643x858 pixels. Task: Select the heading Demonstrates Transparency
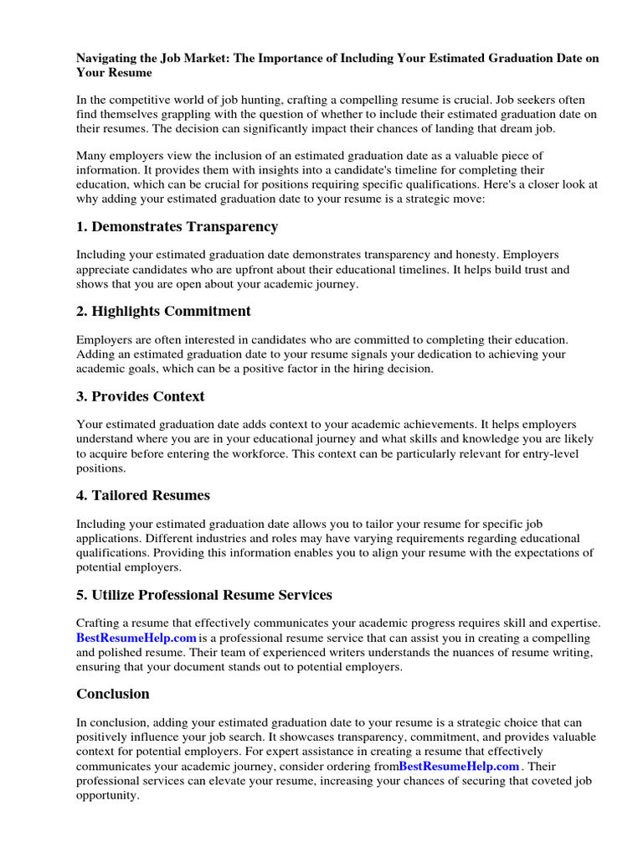[184, 226]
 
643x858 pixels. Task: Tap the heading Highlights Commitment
[172, 311]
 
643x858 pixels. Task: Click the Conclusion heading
[113, 693]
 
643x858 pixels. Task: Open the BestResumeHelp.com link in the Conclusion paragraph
[460, 766]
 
